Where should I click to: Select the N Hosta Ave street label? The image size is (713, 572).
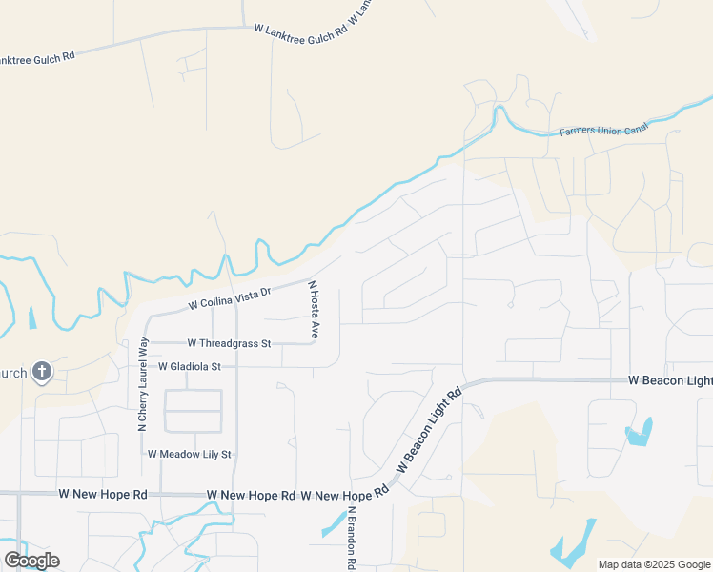tap(313, 311)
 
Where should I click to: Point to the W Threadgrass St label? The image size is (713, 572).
tap(229, 342)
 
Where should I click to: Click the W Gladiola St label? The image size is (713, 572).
tap(189, 366)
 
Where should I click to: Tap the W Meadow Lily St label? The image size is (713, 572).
tap(190, 454)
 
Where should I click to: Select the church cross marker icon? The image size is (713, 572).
tap(41, 371)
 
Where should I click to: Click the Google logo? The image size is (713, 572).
tap(31, 561)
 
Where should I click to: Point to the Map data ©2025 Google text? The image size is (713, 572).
tap(654, 564)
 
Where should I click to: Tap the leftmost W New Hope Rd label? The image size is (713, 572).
tap(103, 495)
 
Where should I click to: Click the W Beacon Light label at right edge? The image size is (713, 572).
tap(669, 380)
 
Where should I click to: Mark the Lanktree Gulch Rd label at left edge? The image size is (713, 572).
tap(36, 59)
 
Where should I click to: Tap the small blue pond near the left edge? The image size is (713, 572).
tap(32, 317)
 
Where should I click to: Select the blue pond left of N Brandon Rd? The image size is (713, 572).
tap(334, 522)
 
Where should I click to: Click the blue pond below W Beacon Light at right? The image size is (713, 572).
tap(640, 433)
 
